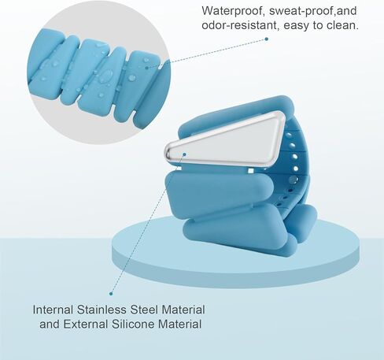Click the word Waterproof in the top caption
(x=233, y=11)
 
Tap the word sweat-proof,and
(x=313, y=11)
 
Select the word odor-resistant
(x=241, y=25)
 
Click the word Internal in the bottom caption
(x=53, y=310)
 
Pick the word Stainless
(x=102, y=310)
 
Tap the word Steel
(x=144, y=310)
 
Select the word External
(x=86, y=324)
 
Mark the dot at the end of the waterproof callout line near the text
(x=267, y=39)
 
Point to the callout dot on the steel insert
(x=184, y=154)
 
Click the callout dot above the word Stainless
(x=111, y=294)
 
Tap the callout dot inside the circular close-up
(x=147, y=68)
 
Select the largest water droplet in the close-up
(x=106, y=76)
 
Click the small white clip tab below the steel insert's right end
(x=251, y=171)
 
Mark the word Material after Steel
(x=183, y=310)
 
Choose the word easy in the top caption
(x=296, y=25)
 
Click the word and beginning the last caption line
(x=50, y=324)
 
